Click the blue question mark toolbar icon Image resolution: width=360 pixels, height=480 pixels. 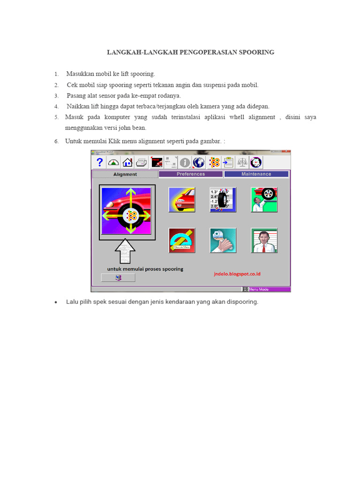99,162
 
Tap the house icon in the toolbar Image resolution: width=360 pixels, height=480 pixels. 127,162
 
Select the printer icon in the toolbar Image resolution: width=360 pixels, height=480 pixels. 141,162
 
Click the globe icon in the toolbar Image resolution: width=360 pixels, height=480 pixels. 199,162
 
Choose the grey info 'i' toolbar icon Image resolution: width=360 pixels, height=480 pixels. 185,162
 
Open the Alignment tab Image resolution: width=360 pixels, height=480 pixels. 125,174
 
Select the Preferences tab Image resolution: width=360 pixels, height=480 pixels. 191,174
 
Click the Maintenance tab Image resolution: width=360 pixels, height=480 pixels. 256,174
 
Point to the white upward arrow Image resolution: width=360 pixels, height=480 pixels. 125,251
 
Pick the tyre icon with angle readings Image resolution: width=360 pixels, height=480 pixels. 223,200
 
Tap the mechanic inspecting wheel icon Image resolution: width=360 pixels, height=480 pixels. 264,200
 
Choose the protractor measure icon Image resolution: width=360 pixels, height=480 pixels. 182,240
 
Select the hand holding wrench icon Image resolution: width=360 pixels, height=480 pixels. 223,240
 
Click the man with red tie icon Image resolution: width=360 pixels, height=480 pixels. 264,240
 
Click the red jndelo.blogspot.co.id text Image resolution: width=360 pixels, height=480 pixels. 238,273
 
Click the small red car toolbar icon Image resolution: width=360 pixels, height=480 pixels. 157,162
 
